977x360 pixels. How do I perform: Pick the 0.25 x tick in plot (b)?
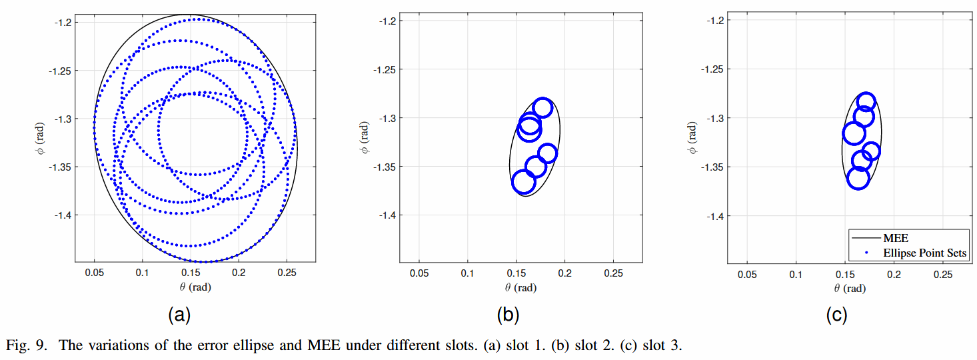(613, 273)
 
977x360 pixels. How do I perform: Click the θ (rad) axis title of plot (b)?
(520, 287)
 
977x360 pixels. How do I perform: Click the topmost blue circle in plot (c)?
(866, 102)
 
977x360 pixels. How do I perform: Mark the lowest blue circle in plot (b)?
(524, 181)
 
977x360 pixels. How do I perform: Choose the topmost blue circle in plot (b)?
(542, 108)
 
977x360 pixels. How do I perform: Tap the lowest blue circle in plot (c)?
(858, 178)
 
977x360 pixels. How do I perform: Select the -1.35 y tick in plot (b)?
(387, 167)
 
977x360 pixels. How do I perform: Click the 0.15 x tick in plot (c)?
(845, 273)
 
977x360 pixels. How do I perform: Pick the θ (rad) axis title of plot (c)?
(850, 287)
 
